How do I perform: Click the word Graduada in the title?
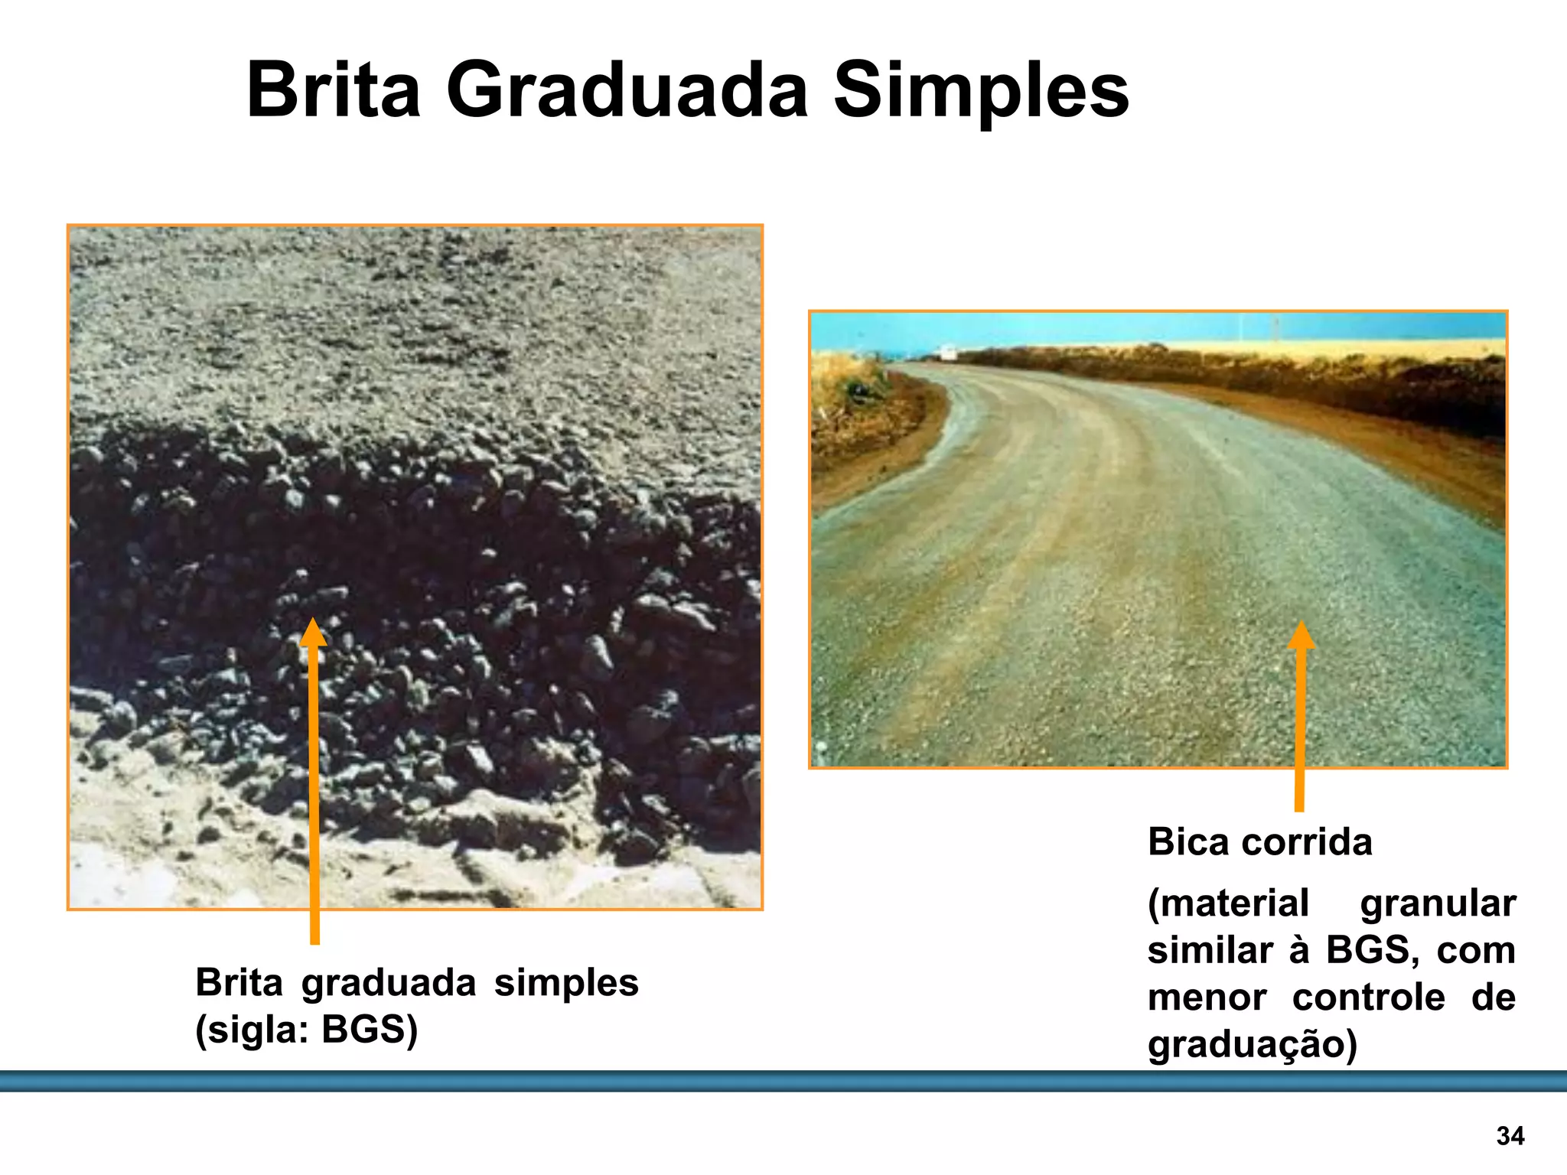click(x=627, y=92)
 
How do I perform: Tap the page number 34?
click(x=1510, y=1136)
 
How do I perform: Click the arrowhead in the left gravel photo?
click(x=313, y=632)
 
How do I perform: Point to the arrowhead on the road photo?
click(x=1301, y=635)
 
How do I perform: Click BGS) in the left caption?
click(x=370, y=1030)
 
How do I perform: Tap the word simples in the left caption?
click(x=566, y=983)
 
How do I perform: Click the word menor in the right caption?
click(x=1207, y=998)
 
